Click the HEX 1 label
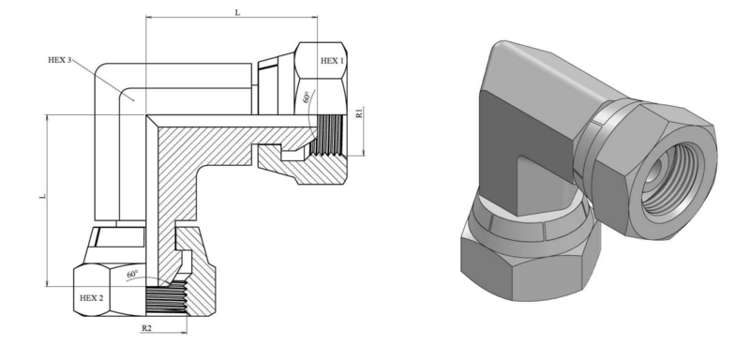(332, 61)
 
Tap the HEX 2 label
(91, 298)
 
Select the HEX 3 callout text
(60, 60)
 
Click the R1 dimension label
(359, 113)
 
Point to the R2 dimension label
(146, 328)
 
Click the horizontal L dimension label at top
(237, 13)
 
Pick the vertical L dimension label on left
(43, 196)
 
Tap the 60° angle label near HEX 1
(307, 97)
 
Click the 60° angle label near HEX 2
(132, 275)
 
